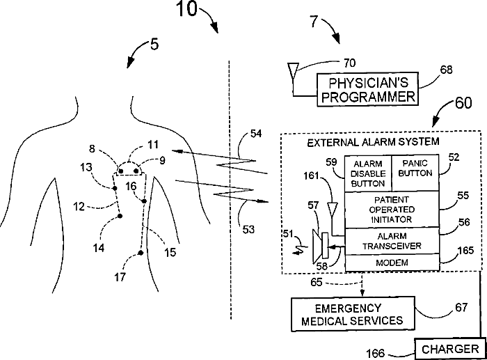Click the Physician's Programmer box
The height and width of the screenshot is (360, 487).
(x=368, y=90)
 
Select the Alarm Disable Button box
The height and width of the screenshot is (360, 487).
(x=368, y=173)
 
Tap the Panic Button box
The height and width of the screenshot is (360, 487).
(x=415, y=173)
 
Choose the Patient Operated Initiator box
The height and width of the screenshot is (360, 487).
(x=392, y=210)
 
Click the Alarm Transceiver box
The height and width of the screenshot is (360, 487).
(x=392, y=241)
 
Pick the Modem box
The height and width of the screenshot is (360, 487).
(x=392, y=263)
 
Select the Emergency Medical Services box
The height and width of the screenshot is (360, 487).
(x=353, y=314)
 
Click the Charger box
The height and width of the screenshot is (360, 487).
(x=450, y=349)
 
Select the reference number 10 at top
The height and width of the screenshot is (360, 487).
(x=187, y=8)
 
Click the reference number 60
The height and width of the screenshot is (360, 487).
(x=463, y=102)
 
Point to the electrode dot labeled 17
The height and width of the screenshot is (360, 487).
(x=141, y=253)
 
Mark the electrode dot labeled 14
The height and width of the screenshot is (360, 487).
(x=120, y=216)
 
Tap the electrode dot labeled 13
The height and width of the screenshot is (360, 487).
(x=115, y=188)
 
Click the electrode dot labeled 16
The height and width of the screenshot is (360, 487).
(x=144, y=201)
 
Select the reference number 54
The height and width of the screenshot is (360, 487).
(x=256, y=134)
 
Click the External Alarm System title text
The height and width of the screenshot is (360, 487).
(x=373, y=142)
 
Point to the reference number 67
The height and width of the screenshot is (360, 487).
(x=461, y=308)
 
